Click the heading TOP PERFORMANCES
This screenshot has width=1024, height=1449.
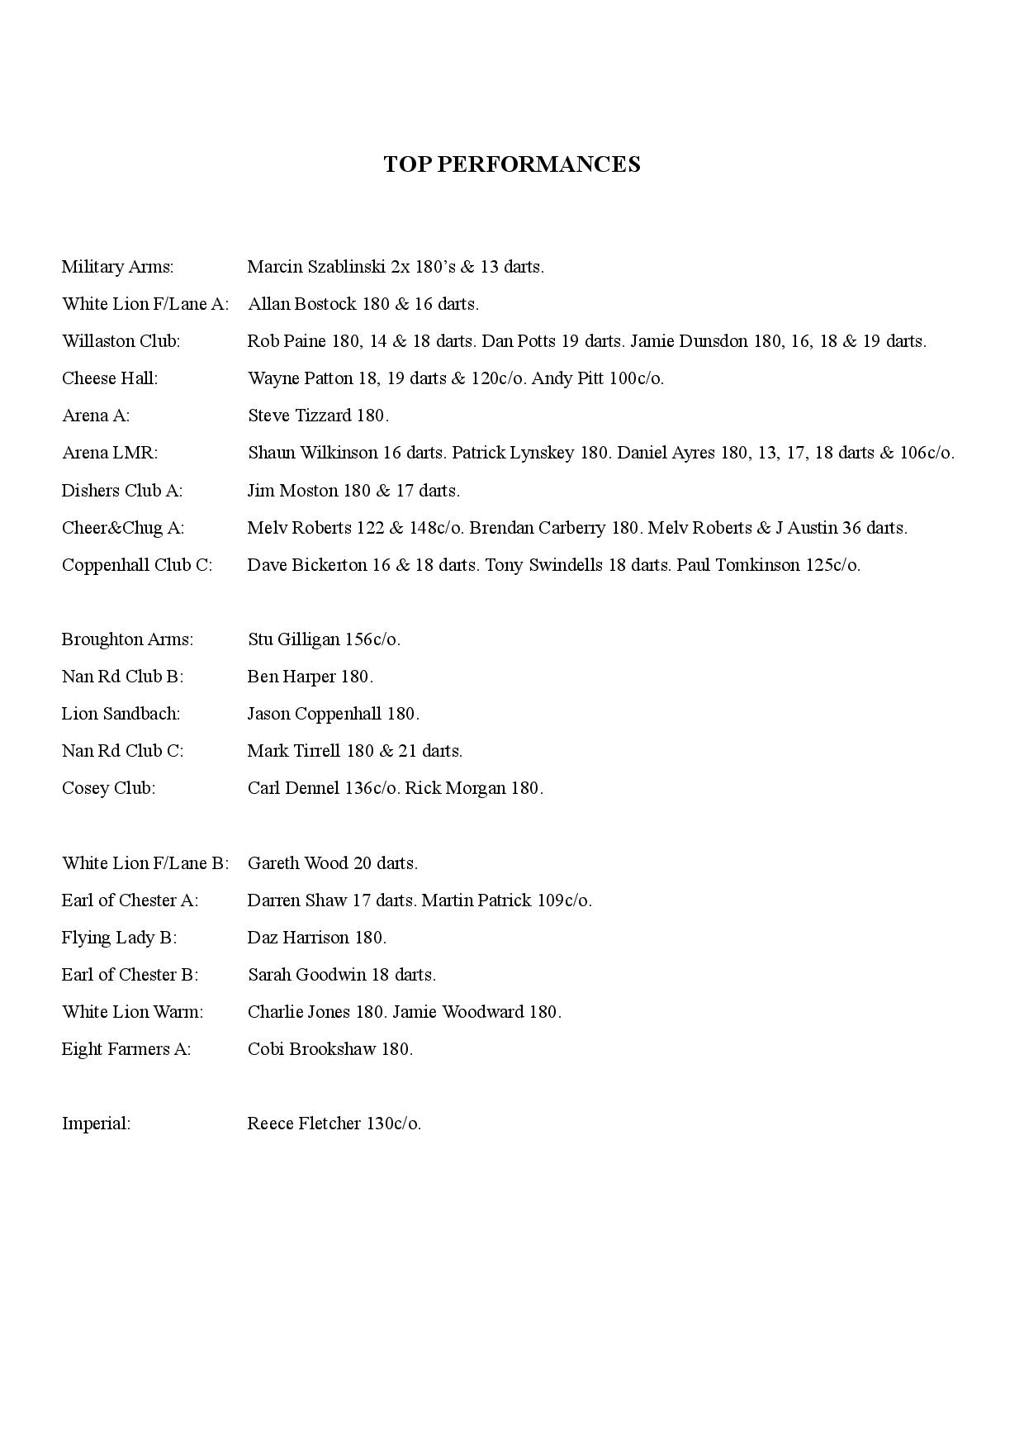pyautogui.click(x=511, y=164)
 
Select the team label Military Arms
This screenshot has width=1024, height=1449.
pyautogui.click(x=117, y=267)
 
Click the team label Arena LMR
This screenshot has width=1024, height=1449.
pyautogui.click(x=109, y=453)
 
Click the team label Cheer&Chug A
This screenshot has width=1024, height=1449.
pyautogui.click(x=123, y=528)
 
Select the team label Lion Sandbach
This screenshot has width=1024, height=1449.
pyautogui.click(x=121, y=714)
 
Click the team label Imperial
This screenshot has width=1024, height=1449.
pyautogui.click(x=96, y=1124)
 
